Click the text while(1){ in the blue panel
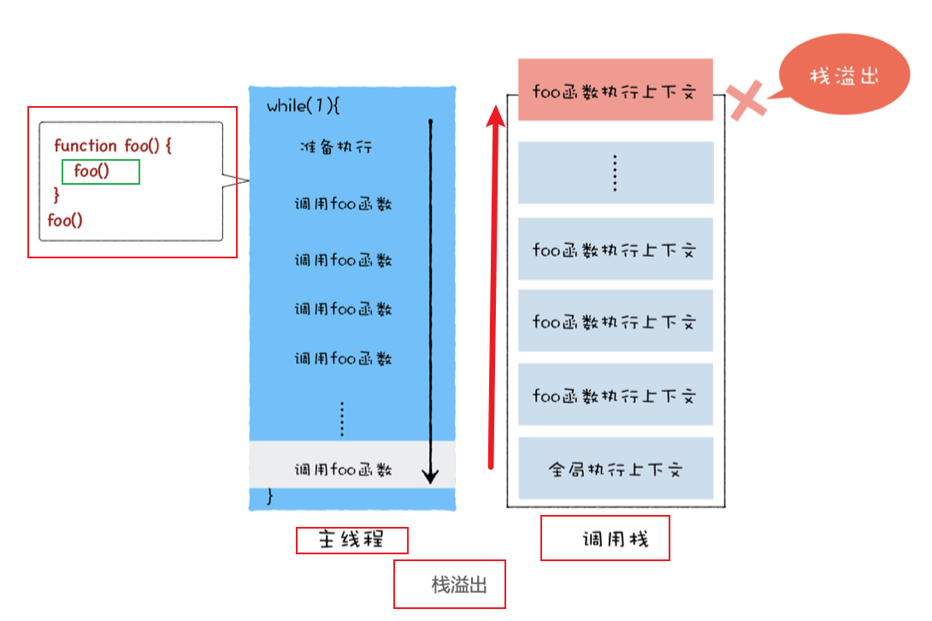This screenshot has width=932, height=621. [304, 106]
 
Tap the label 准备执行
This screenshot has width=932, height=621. [336, 147]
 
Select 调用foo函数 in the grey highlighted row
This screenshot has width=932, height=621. [343, 469]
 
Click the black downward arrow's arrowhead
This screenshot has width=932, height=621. [431, 476]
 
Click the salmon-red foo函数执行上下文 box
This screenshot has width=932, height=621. [615, 90]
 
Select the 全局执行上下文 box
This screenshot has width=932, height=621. [615, 469]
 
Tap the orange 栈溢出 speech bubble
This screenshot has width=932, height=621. [844, 76]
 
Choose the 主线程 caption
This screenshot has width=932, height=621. [351, 541]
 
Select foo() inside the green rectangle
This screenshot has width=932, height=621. [92, 171]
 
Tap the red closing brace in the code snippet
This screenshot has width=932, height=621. [57, 195]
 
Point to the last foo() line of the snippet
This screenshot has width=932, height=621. [65, 220]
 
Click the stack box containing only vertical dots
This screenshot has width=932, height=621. [615, 173]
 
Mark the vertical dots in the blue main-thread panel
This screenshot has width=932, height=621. [342, 418]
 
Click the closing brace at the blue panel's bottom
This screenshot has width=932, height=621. [271, 496]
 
